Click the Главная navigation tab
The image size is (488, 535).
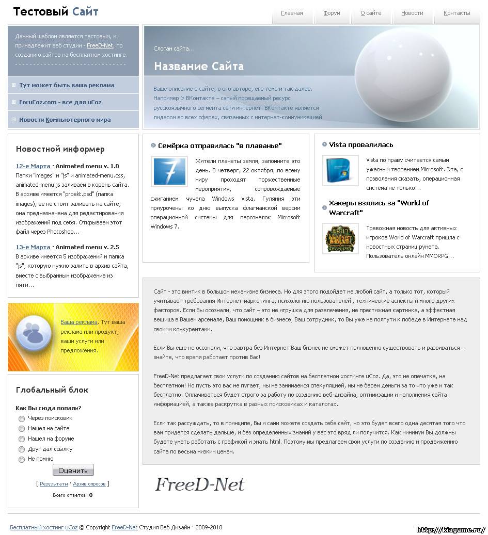click(292, 13)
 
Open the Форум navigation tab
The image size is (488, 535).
click(332, 13)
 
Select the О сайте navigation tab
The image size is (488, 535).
click(371, 13)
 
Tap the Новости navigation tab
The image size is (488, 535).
click(412, 13)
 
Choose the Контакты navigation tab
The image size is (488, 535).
click(456, 13)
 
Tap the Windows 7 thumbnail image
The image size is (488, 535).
click(169, 171)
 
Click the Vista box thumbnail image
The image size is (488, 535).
click(340, 170)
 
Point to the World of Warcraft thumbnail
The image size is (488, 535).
click(340, 238)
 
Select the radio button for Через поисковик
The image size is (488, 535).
click(22, 418)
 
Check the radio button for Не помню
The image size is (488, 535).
click(22, 459)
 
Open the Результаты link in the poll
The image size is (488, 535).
click(54, 484)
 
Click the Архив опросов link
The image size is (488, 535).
click(89, 484)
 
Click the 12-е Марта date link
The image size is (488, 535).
click(33, 166)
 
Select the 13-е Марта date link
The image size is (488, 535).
click(33, 247)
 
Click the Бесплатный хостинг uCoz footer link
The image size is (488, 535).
click(44, 527)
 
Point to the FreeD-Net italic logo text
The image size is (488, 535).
click(199, 484)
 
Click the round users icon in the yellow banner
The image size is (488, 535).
click(33, 336)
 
